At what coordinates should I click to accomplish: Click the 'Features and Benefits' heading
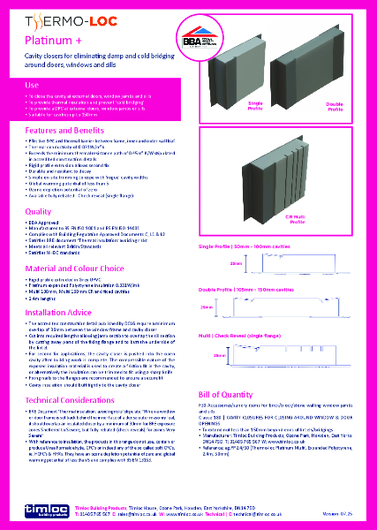tap(63, 129)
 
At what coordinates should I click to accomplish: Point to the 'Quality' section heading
tap(39, 211)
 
